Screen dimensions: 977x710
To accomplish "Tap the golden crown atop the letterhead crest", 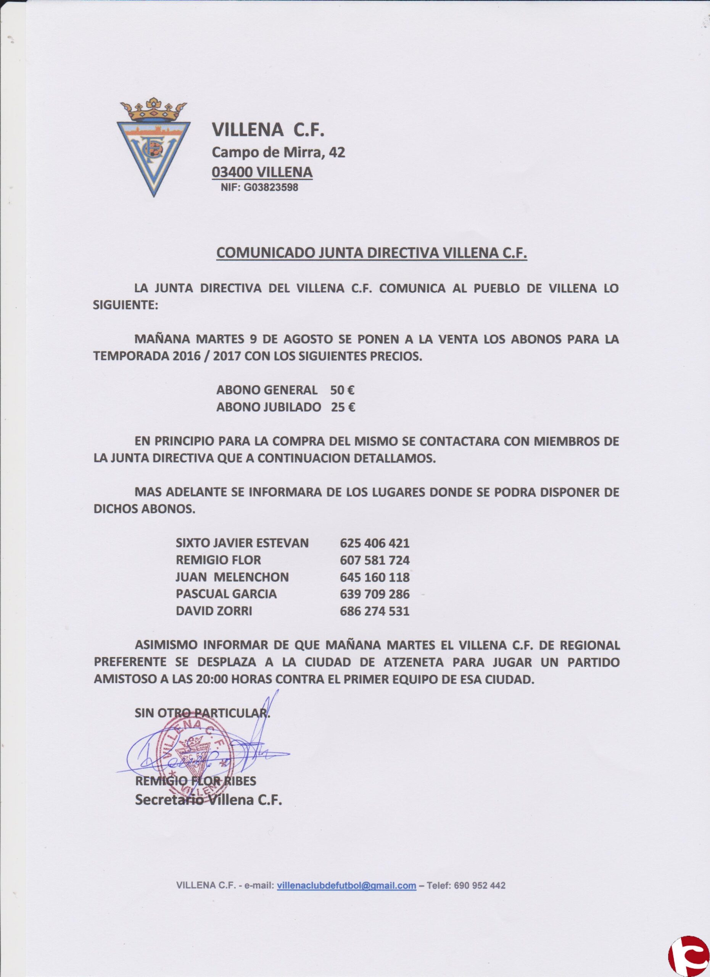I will click(153, 110).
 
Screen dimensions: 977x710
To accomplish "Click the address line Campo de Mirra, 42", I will click(278, 152).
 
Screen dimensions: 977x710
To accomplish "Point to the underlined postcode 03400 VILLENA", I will click(262, 172).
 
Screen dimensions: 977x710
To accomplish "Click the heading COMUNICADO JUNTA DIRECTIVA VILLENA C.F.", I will click(372, 253).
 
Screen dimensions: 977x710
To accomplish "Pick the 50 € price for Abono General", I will click(342, 390).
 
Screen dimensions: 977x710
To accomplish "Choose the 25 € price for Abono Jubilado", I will click(343, 407).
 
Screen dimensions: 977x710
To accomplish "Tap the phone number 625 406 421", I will click(374, 543).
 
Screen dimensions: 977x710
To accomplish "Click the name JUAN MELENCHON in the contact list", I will click(232, 577).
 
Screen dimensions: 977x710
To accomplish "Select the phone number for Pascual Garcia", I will click(374, 595).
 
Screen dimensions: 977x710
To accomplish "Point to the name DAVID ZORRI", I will click(214, 611).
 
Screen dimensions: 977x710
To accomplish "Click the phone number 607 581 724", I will click(374, 561).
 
